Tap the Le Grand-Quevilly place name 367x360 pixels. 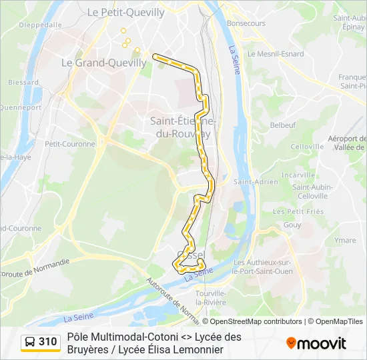(103, 63)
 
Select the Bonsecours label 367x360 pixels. (246, 23)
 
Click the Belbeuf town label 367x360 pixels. (282, 125)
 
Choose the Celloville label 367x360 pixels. (307, 147)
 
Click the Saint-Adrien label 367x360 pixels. (247, 181)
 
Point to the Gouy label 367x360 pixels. (292, 225)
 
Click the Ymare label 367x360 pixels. (345, 240)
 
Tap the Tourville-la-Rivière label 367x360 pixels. (211, 297)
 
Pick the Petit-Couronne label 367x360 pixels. (70, 143)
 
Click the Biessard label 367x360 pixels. (23, 83)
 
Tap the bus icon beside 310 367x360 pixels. (29, 342)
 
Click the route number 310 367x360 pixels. (48, 342)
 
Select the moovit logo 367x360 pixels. (316, 343)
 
